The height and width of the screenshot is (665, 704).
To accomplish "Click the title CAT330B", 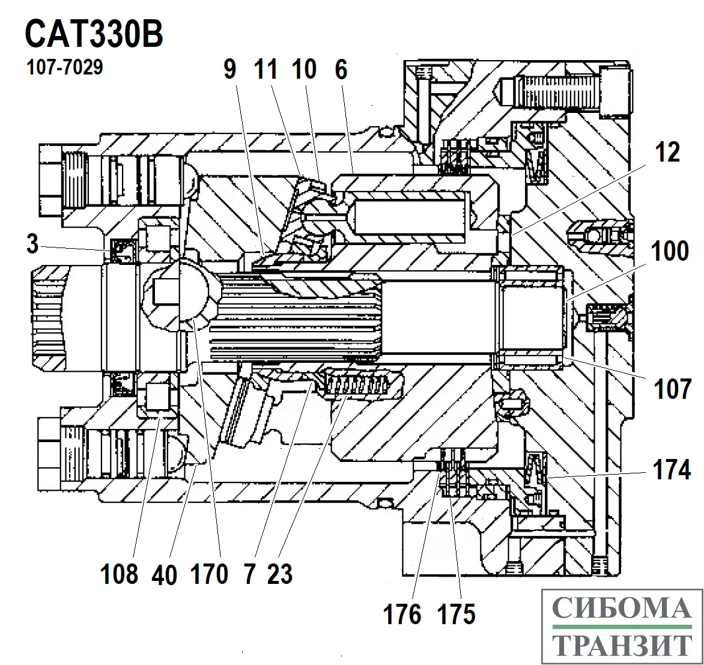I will pos(94,34).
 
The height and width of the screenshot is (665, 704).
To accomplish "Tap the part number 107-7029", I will pos(64,67).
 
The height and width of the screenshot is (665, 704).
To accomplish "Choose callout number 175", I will pos(457,614).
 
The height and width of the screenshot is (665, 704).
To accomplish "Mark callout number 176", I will pos(402,614).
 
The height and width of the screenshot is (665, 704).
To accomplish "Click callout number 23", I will pos(280,574).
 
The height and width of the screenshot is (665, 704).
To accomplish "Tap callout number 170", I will pos(210,574).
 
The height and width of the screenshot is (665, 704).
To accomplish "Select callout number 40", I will pos(165,575).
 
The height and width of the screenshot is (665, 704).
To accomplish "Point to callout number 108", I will pos(120,574).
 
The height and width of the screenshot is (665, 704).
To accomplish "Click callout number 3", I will pos(32,244).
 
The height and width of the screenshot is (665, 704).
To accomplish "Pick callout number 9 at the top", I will pos(229,70).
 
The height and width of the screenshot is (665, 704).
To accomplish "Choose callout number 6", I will pos(341,70).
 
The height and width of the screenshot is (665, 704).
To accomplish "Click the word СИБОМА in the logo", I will pos(621,609).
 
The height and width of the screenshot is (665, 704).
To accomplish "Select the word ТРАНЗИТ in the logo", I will pos(621,646).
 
